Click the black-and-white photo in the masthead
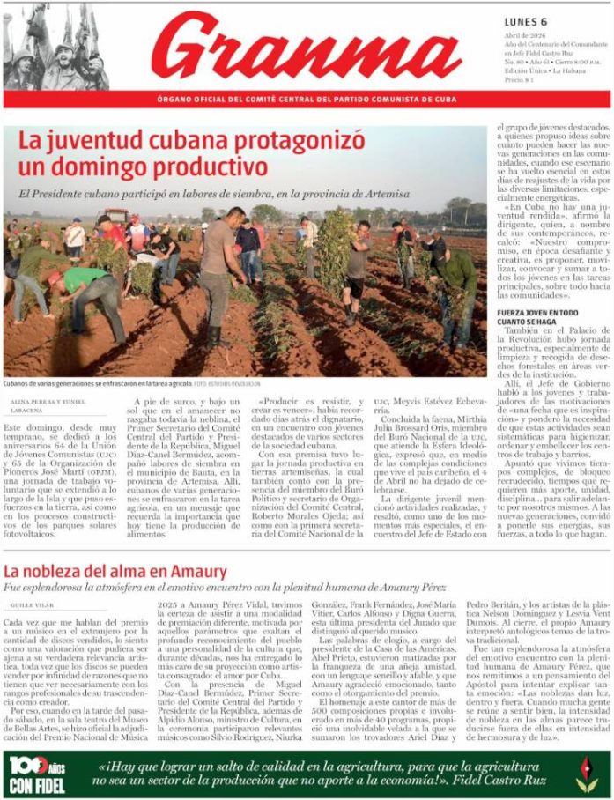[x=56, y=46]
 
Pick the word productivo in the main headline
[x=187, y=166]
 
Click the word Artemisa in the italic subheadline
[x=384, y=194]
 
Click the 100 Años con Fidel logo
[x=38, y=775]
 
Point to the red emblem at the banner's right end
[x=586, y=774]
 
